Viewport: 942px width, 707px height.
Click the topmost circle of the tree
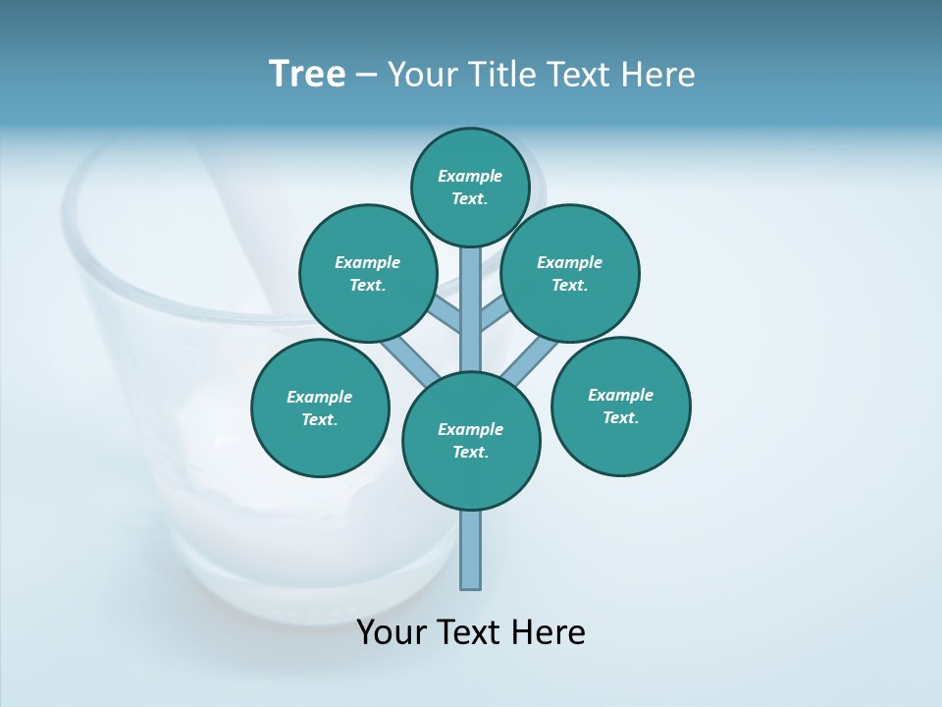coord(470,187)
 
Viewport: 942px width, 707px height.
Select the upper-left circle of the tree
coord(368,273)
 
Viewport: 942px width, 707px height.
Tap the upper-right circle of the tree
coord(570,273)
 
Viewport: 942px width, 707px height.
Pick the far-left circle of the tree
coord(320,408)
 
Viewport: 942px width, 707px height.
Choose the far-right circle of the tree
coord(621,406)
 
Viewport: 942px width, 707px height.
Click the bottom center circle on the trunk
coord(471,441)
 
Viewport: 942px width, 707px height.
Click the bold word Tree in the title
coord(307,74)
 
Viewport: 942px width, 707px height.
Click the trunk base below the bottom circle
coord(471,550)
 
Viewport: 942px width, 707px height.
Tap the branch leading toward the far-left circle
coord(407,358)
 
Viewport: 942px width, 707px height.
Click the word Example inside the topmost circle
coord(470,176)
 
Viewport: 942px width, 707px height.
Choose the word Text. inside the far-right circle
coord(621,417)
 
